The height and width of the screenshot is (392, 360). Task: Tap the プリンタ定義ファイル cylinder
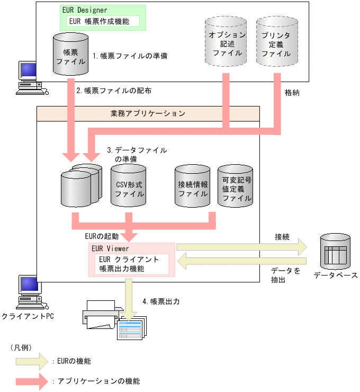(x=276, y=44)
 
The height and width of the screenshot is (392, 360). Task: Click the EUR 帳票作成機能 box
(x=103, y=21)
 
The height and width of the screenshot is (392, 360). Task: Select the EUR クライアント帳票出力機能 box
(x=133, y=264)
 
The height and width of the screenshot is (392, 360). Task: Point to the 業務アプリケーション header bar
(x=148, y=113)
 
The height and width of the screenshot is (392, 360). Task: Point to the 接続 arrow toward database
(x=241, y=247)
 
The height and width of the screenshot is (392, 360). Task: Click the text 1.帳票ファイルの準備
(x=130, y=55)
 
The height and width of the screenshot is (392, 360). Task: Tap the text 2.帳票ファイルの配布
(x=114, y=91)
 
